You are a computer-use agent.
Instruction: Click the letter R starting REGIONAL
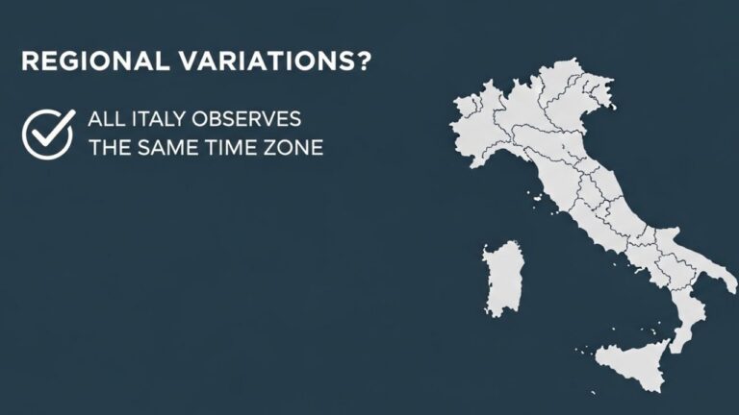tap(28, 61)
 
